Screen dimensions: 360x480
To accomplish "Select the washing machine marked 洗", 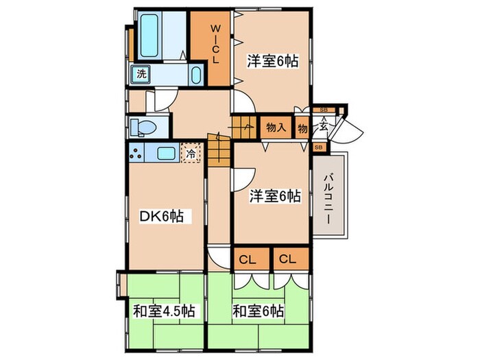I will pos(141,73).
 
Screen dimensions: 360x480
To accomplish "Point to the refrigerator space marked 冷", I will pos(191,154).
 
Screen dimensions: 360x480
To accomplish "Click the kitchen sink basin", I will pos(167,154).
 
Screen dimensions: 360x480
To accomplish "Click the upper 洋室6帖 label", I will pos(273,60).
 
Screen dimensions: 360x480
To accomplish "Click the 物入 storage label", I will pos(276,127).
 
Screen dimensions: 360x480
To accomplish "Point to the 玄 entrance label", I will pos(323,127).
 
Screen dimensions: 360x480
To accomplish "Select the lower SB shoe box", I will pos(319,147).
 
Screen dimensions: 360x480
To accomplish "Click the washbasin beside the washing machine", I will pos(196,74).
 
